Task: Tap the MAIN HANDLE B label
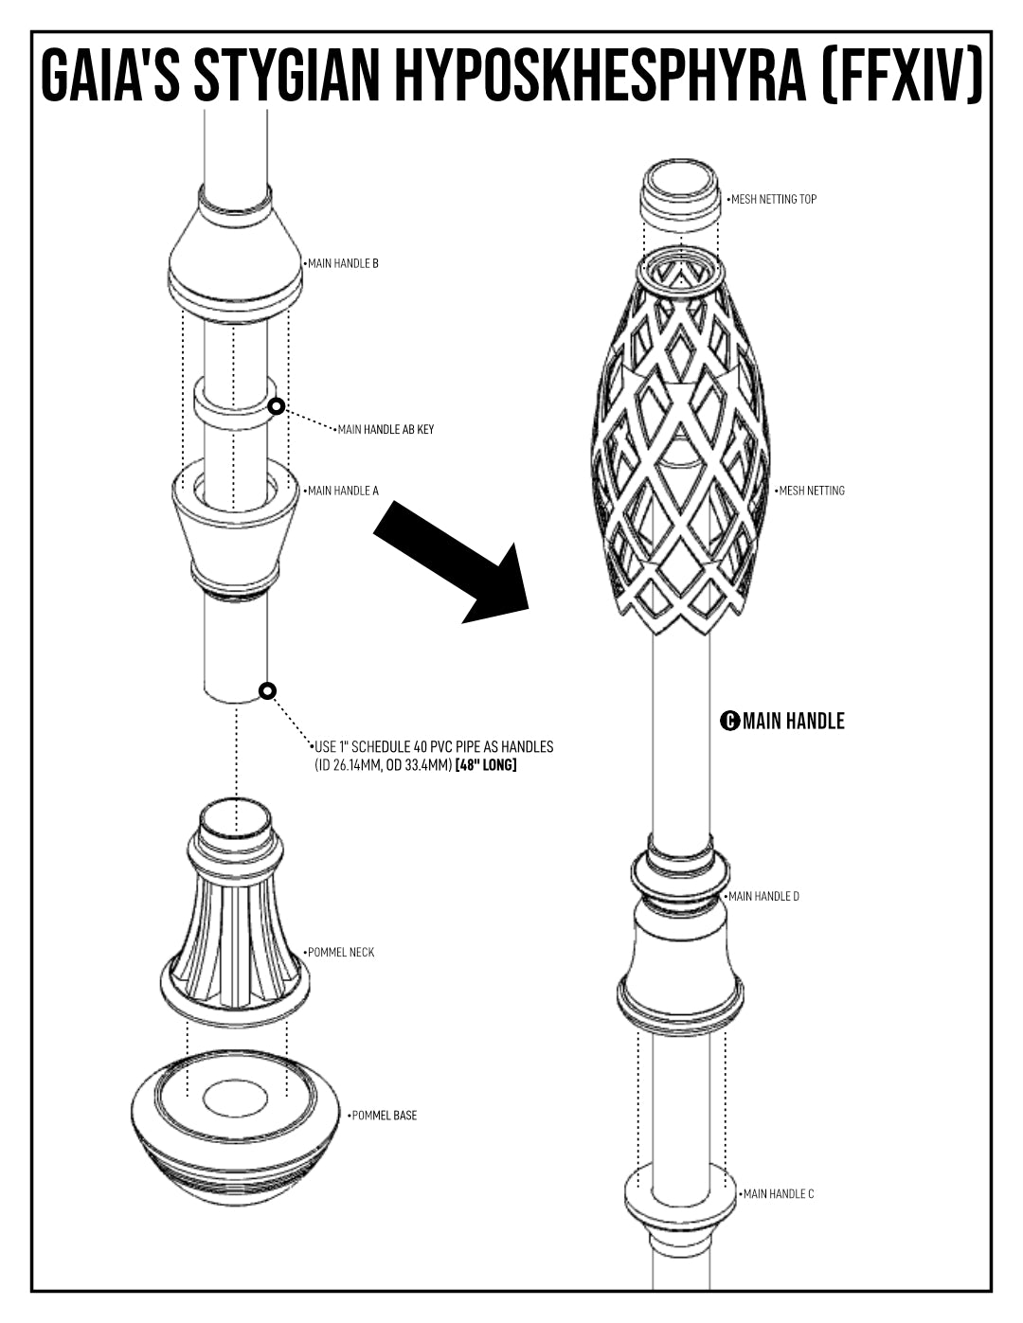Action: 343,263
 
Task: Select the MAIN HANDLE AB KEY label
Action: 386,429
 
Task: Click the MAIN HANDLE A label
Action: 343,491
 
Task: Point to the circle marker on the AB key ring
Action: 277,406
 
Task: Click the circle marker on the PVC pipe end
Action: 267,691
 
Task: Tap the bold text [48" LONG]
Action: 486,765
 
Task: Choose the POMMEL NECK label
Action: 341,952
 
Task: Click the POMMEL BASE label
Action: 385,1116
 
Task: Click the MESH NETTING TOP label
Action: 773,199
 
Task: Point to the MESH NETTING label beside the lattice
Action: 812,491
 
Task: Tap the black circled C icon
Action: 729,721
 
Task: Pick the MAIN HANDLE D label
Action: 763,896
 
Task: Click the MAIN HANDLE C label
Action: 779,1194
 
